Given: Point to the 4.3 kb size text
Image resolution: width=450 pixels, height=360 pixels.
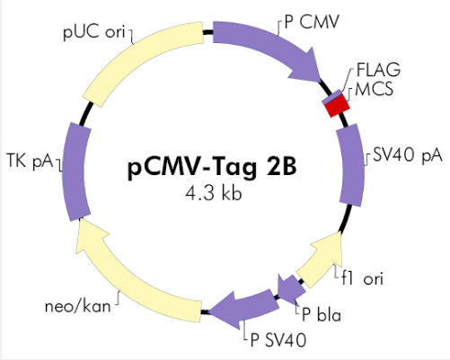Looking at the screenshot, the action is coord(214,193).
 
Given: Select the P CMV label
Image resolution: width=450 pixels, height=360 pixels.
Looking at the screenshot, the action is coord(312,22).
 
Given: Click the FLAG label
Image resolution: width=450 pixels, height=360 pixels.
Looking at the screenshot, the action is coord(378,70).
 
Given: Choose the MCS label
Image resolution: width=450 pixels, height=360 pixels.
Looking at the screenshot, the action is coord(374,89).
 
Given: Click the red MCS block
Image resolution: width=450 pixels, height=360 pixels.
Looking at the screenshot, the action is coord(338,107).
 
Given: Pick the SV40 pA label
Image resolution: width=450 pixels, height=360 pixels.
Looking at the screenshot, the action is coord(408,155).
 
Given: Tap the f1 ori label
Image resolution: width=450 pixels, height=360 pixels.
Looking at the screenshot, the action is coord(363,278).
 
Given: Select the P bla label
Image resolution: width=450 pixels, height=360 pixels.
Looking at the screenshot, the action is coord(322,314).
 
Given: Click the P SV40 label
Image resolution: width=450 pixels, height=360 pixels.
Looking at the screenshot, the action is coord(278,340).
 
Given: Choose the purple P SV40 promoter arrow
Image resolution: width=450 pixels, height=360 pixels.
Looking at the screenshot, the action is coord(244,307).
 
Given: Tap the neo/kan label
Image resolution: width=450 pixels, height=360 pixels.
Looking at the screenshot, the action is coord(77,306).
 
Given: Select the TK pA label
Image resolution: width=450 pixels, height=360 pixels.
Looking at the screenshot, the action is coord(30,162).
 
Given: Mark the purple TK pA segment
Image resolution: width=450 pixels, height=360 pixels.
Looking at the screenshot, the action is coord(75,171).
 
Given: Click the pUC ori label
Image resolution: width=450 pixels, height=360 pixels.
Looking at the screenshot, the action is coord(94,31).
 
